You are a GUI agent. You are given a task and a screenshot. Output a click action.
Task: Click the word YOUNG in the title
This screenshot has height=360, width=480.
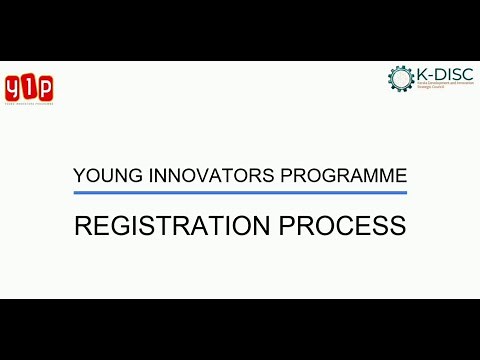(102, 176)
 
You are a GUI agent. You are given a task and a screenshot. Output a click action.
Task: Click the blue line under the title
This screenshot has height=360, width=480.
(240, 192)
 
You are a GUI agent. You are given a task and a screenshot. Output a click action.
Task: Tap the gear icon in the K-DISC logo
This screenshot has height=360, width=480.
(400, 78)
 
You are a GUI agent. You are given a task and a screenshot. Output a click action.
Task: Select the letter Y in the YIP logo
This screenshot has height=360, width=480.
(14, 87)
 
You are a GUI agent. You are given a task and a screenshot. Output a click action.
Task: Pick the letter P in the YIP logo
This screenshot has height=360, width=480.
(44, 86)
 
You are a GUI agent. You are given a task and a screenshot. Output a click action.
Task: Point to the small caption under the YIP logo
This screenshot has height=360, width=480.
(29, 102)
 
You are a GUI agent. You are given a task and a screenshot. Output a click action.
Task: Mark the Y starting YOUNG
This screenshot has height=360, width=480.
(80, 176)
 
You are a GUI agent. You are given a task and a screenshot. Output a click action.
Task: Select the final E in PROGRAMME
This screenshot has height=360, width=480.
(400, 176)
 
